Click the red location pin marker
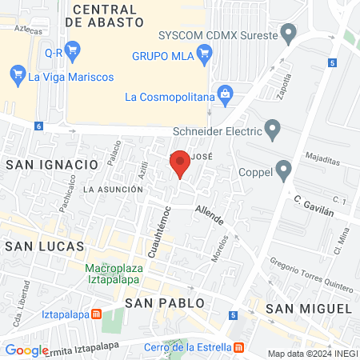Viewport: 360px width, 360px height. pos(180,165)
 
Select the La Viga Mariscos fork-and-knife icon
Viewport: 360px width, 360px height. pos(17,77)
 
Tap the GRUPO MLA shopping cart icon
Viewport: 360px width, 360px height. pos(204,56)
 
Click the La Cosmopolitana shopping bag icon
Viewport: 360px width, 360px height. pos(225,97)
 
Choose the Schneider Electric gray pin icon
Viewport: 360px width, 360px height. pos(274,131)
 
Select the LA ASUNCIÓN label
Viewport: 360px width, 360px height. pos(113,190)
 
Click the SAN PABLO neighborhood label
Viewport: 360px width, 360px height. pos(165,303)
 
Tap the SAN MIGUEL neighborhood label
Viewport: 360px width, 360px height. pos(309,308)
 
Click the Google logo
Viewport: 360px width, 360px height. pos(26,350)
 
